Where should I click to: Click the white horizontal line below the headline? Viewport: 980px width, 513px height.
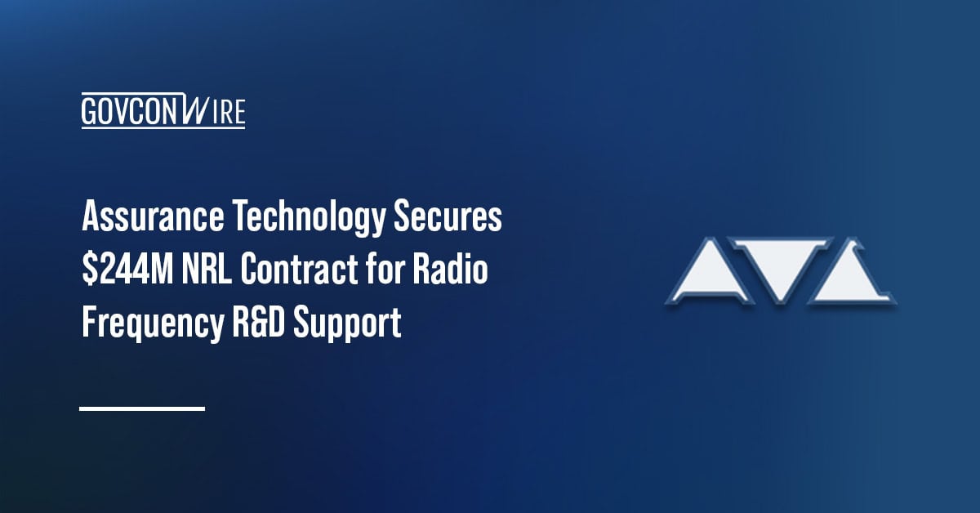142,408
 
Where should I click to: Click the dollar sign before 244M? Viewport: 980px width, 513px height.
87,271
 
